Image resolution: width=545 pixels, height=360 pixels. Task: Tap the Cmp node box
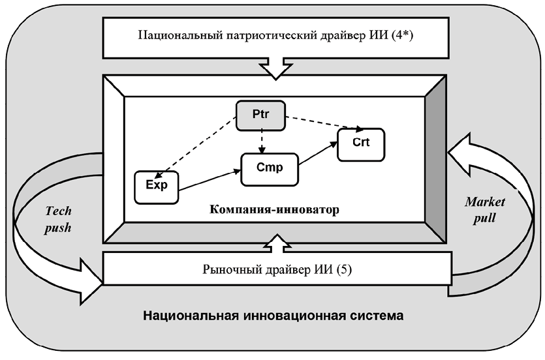[269, 168]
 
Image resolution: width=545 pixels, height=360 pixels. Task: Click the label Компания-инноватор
[275, 210]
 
